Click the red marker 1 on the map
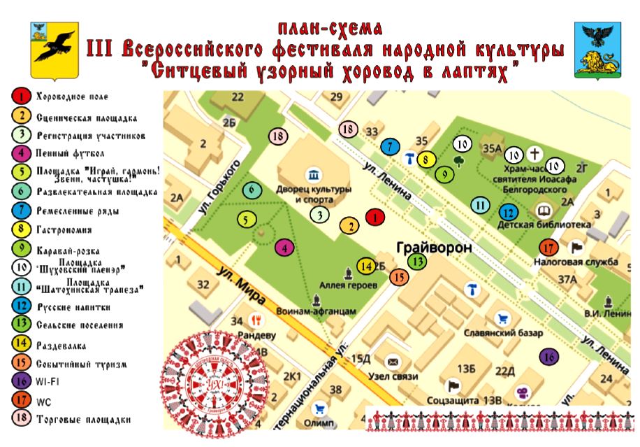[375, 218]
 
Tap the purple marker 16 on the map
[549, 357]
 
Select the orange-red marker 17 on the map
[548, 247]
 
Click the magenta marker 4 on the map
[284, 246]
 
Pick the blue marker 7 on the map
[390, 147]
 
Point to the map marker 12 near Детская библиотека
[508, 213]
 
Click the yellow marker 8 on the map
[423, 159]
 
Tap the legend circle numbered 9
[22, 248]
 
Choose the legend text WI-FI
[48, 382]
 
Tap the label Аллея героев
[348, 285]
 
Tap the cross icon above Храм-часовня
[534, 153]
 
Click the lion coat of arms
[597, 50]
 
